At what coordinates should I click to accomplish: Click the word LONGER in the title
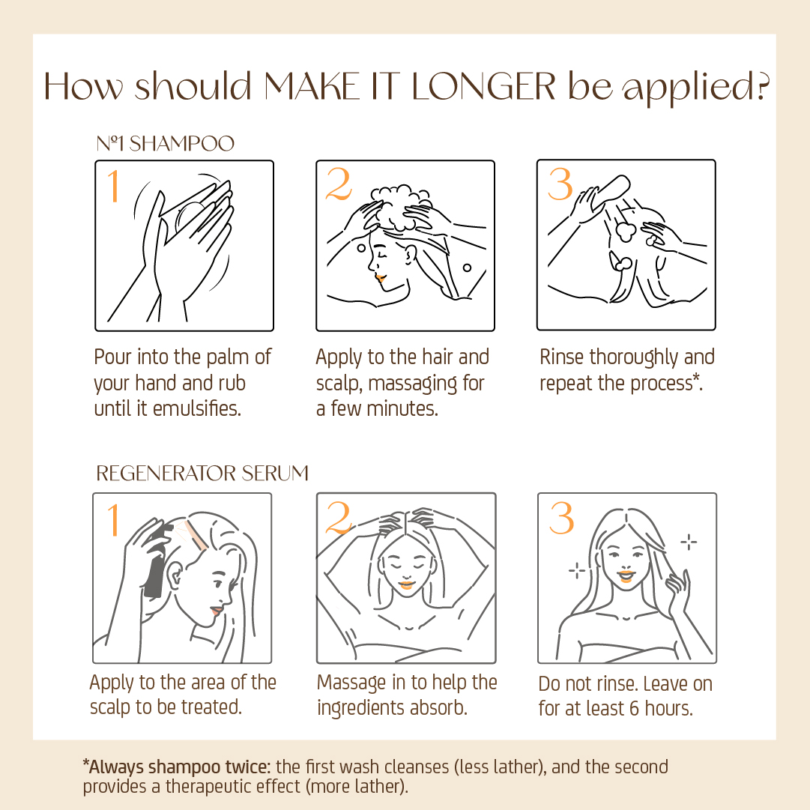point(483,86)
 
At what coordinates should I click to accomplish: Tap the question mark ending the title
point(761,86)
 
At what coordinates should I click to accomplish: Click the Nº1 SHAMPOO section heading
point(166,144)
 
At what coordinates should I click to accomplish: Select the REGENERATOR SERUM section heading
point(202,474)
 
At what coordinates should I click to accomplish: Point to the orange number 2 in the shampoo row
point(339,184)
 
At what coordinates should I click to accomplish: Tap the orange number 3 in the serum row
point(561,517)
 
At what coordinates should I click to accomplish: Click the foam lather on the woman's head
point(400,207)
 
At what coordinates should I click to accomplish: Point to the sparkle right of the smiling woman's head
point(689,542)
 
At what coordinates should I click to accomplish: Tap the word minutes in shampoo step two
point(402,408)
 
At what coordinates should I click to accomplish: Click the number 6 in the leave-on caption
point(634,709)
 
